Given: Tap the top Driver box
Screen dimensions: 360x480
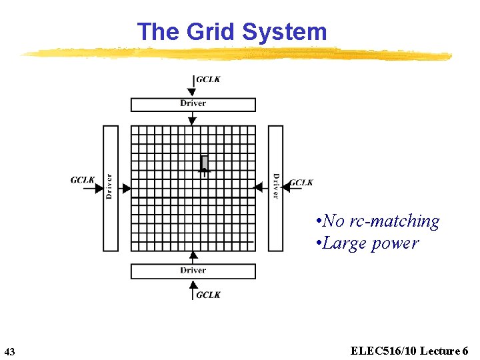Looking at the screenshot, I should tap(193, 104).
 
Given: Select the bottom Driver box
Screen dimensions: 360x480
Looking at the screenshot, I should tap(193, 271).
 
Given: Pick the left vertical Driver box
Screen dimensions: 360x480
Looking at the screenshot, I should tap(110, 188).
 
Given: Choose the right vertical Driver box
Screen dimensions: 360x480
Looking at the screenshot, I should tap(275, 188).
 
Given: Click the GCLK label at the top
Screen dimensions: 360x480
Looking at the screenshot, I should tap(208, 79).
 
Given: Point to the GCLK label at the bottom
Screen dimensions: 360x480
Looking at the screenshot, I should tap(208, 295).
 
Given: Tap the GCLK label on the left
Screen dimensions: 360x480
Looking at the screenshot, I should tap(83, 180).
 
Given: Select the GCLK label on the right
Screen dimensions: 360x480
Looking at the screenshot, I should tap(301, 183).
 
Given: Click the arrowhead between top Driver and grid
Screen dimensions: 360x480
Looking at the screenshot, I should tap(193, 121).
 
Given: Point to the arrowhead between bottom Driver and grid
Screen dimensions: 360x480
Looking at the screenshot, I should tap(193, 255).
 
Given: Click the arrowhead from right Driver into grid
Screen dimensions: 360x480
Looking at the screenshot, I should tap(259, 188).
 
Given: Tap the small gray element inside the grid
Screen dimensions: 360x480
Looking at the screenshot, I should tap(204, 163).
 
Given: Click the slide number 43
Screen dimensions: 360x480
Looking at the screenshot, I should tap(9, 351).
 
